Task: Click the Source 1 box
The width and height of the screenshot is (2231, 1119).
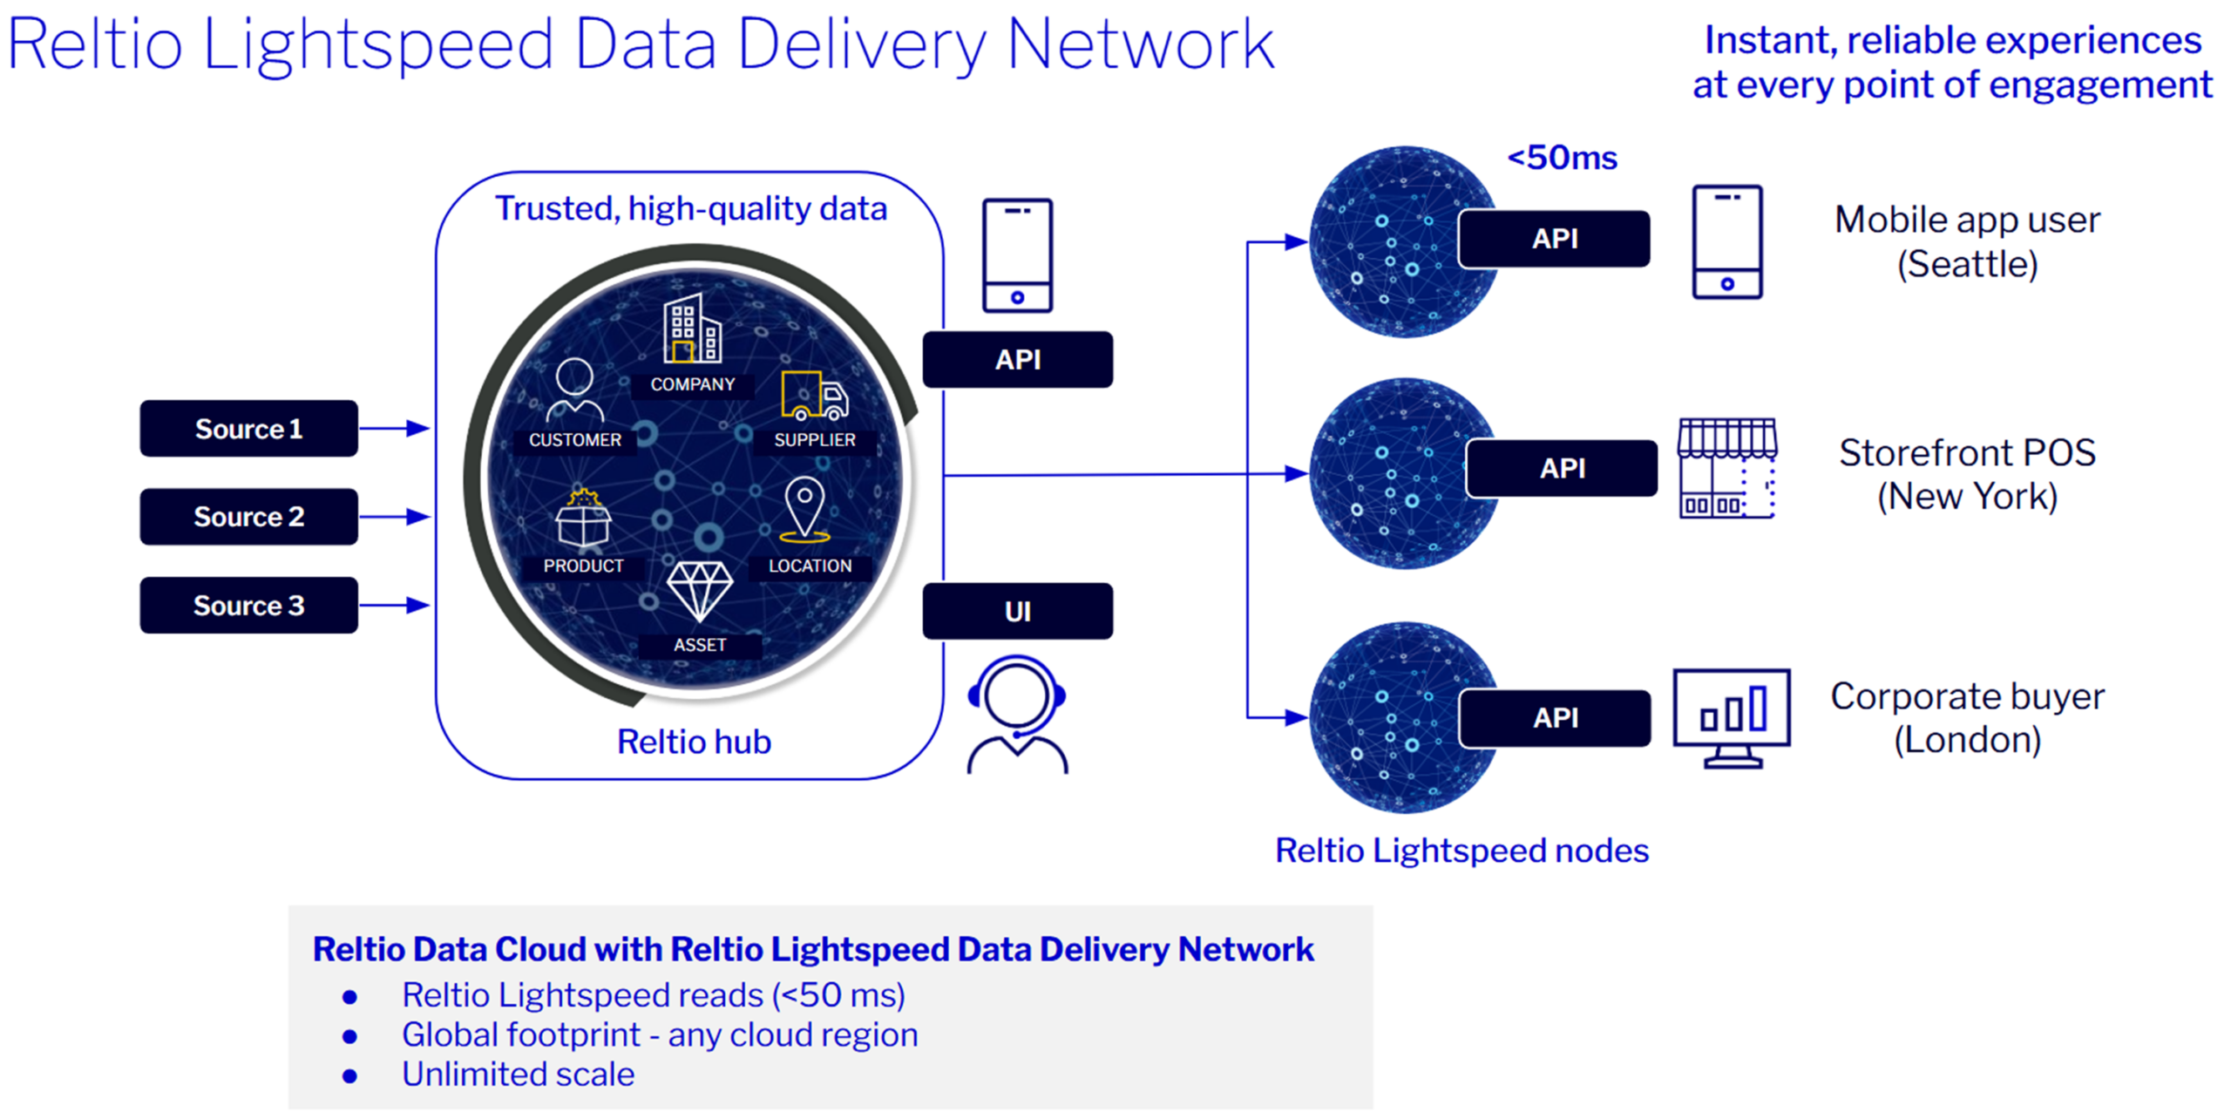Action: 248,429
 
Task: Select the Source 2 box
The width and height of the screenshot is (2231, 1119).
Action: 248,517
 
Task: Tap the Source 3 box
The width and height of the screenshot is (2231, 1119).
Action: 248,605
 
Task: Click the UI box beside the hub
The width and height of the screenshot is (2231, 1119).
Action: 1017,611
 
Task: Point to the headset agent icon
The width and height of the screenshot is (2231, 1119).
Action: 1017,715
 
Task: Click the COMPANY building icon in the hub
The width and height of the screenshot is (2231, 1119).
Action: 692,329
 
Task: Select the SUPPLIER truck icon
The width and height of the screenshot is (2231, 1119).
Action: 815,397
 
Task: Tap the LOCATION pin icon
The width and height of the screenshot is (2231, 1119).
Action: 805,508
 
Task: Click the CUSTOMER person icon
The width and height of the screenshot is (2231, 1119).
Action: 574,390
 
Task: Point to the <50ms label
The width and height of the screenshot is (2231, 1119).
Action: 1562,158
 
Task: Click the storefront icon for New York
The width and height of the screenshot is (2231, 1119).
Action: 1727,468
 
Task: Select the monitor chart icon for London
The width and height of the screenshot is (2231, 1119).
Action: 1732,717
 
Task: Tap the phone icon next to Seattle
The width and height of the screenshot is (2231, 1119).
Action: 1726,241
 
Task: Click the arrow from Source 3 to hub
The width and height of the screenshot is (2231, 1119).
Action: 394,605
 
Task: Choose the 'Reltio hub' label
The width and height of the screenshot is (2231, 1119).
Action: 694,742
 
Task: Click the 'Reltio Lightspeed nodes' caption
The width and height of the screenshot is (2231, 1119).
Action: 1461,851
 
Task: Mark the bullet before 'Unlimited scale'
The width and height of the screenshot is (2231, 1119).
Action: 349,1076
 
